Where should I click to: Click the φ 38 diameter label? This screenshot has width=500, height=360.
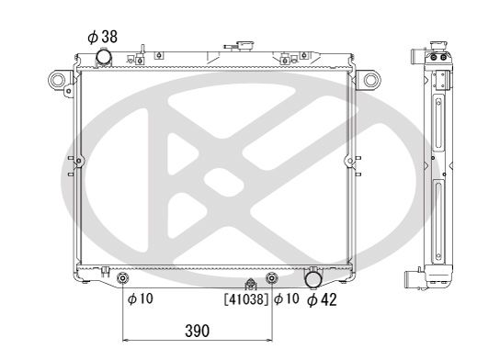click(102, 37)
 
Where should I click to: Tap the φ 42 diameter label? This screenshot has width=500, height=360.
click(322, 299)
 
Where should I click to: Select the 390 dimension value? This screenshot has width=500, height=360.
click(197, 331)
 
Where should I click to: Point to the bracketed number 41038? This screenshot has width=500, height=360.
click(246, 299)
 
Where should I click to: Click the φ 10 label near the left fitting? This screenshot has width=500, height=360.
click(141, 298)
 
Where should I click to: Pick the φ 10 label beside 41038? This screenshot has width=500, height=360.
click(287, 298)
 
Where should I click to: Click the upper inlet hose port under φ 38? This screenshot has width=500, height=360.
click(104, 57)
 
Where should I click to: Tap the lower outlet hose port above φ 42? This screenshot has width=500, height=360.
click(313, 279)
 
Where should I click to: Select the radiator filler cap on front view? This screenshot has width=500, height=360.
click(244, 46)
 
